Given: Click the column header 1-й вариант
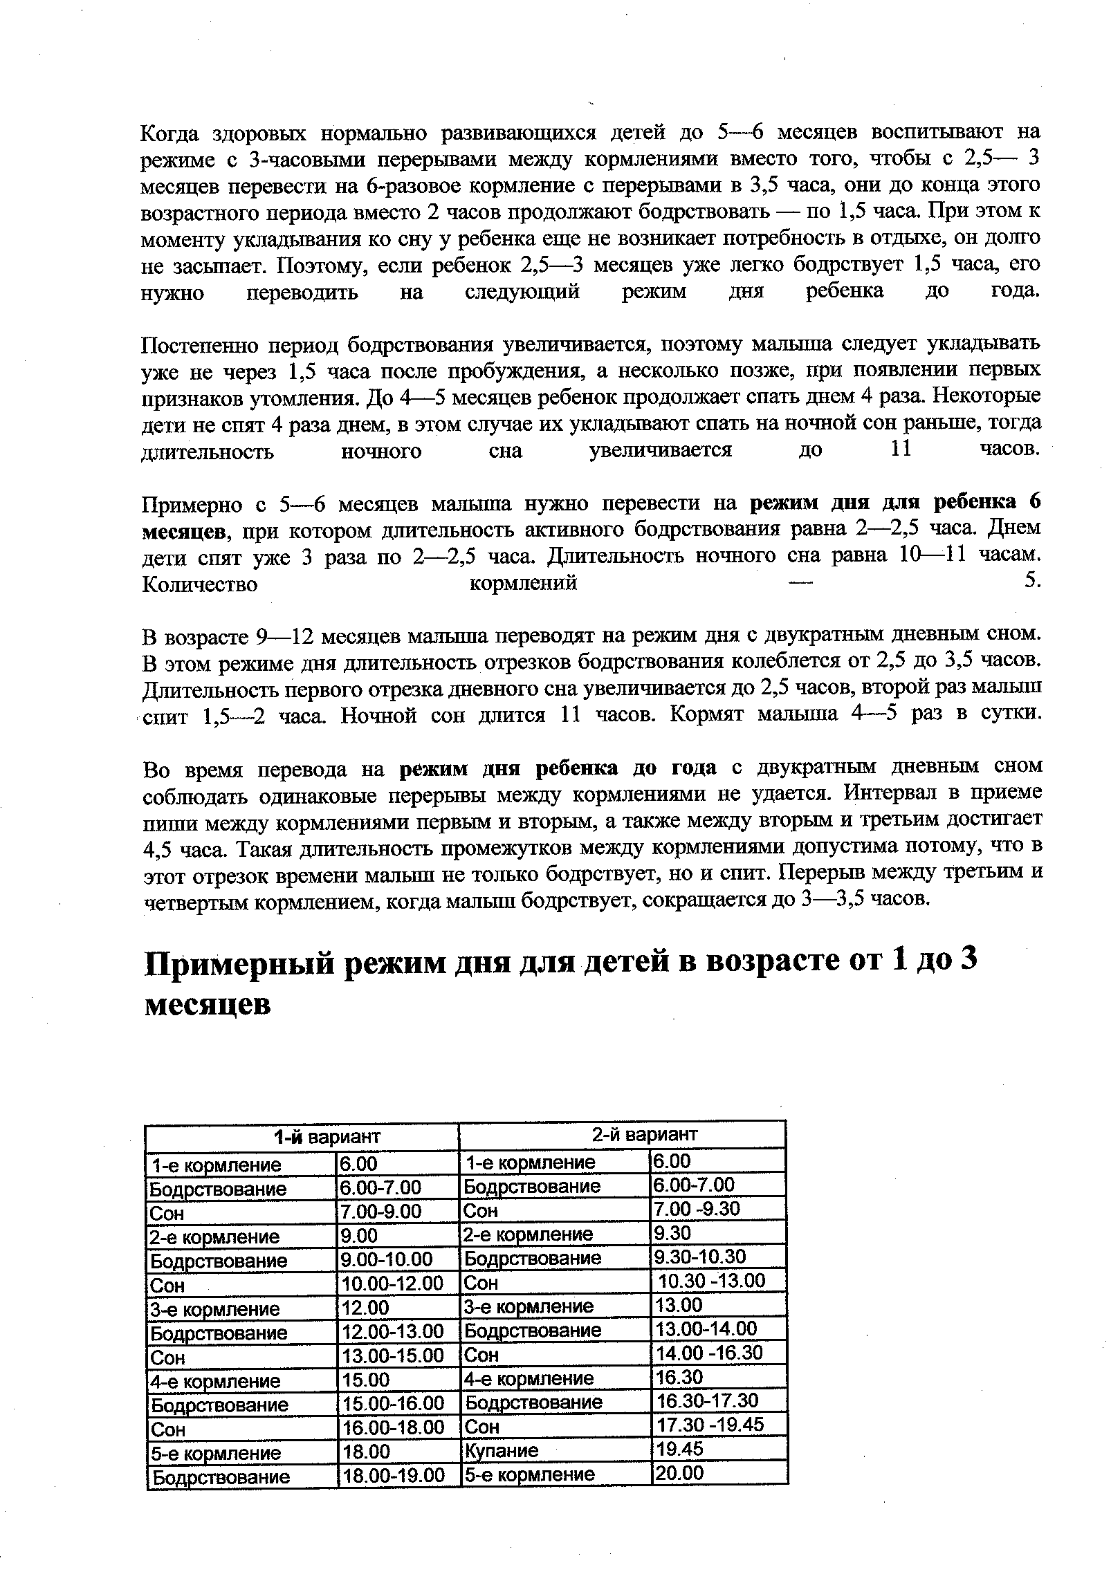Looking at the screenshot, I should [x=327, y=1136].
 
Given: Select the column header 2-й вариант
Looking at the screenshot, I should [x=645, y=1135].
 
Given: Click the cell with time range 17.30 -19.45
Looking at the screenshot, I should [x=710, y=1425].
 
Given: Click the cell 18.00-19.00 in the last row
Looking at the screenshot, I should [x=394, y=1475].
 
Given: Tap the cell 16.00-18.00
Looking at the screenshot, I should [x=394, y=1427].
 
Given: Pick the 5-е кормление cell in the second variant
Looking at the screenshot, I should [x=529, y=1474].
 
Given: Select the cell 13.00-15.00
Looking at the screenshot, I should [x=393, y=1355].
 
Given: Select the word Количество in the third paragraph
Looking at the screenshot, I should [x=199, y=584].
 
